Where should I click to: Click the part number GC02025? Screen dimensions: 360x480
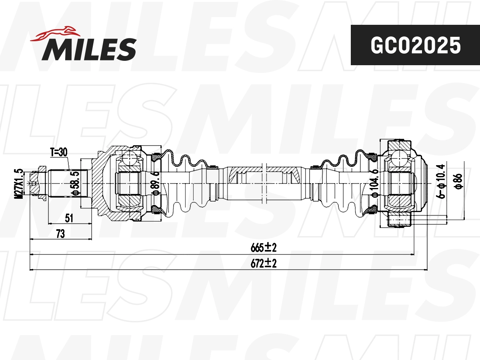[415, 45]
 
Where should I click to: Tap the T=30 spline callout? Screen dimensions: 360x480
[58, 152]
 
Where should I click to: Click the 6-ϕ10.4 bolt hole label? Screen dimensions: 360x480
[441, 181]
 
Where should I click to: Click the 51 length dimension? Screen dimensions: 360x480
[69, 218]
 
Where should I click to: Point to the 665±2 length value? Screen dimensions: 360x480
[264, 248]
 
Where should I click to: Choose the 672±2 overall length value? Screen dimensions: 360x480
[264, 264]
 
